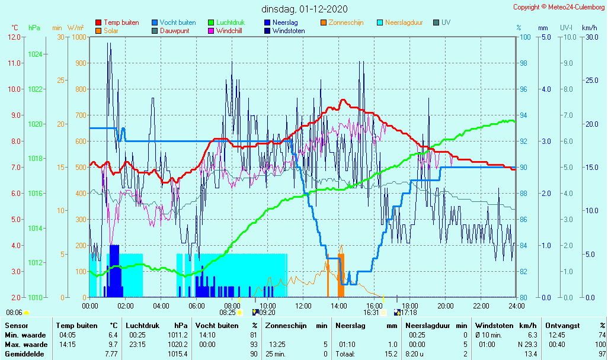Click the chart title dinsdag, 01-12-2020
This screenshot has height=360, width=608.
click(305, 9)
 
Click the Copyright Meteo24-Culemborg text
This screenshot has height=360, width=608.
click(559, 7)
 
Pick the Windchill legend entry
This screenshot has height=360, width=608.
click(228, 31)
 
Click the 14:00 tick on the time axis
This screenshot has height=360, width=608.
click(338, 306)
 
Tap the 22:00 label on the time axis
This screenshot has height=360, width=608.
click(481, 306)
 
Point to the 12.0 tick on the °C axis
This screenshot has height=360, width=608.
click(15, 37)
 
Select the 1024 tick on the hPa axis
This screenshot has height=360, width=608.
click(35, 54)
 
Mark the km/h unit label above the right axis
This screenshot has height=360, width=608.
click(589, 27)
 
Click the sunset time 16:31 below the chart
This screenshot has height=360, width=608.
click(372, 313)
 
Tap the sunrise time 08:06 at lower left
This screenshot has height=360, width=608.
click(14, 313)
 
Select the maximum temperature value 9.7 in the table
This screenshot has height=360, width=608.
click(111, 345)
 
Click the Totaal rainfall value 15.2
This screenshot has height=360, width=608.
click(391, 354)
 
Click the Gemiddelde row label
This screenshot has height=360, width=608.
click(23, 354)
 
